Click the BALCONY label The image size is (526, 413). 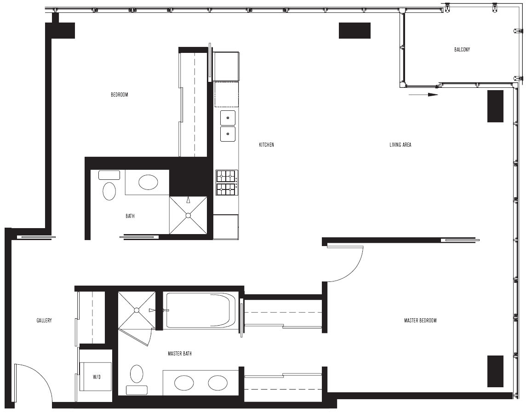[462, 50]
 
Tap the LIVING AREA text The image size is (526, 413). [400, 145]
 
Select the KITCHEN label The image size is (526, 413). [266, 145]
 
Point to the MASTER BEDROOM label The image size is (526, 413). [420, 321]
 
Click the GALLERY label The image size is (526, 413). [44, 321]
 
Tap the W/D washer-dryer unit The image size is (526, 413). [96, 376]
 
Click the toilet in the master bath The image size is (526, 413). [137, 379]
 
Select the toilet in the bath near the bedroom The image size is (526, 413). [109, 185]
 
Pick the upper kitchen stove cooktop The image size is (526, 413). [227, 176]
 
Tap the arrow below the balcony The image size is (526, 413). [423, 95]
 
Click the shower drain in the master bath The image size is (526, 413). [137, 310]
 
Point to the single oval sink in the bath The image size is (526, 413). [148, 183]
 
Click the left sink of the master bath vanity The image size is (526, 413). [184, 383]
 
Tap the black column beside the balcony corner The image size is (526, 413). [495, 106]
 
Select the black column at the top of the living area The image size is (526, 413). [354, 30]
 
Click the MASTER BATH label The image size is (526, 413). [180, 354]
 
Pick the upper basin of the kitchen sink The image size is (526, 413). [228, 118]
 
